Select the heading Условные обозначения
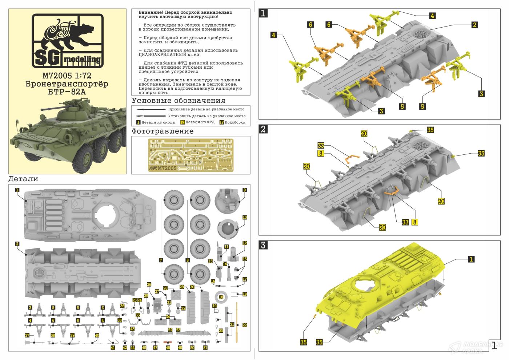[179, 101]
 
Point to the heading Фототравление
[163, 131]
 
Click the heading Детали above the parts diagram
[23, 179]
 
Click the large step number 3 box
[264, 245]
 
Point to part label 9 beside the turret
[245, 190]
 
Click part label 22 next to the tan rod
[244, 325]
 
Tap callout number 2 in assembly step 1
[474, 25]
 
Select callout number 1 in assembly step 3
[471, 259]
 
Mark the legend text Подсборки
[235, 122]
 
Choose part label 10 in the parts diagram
[245, 217]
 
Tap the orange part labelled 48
[168, 343]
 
